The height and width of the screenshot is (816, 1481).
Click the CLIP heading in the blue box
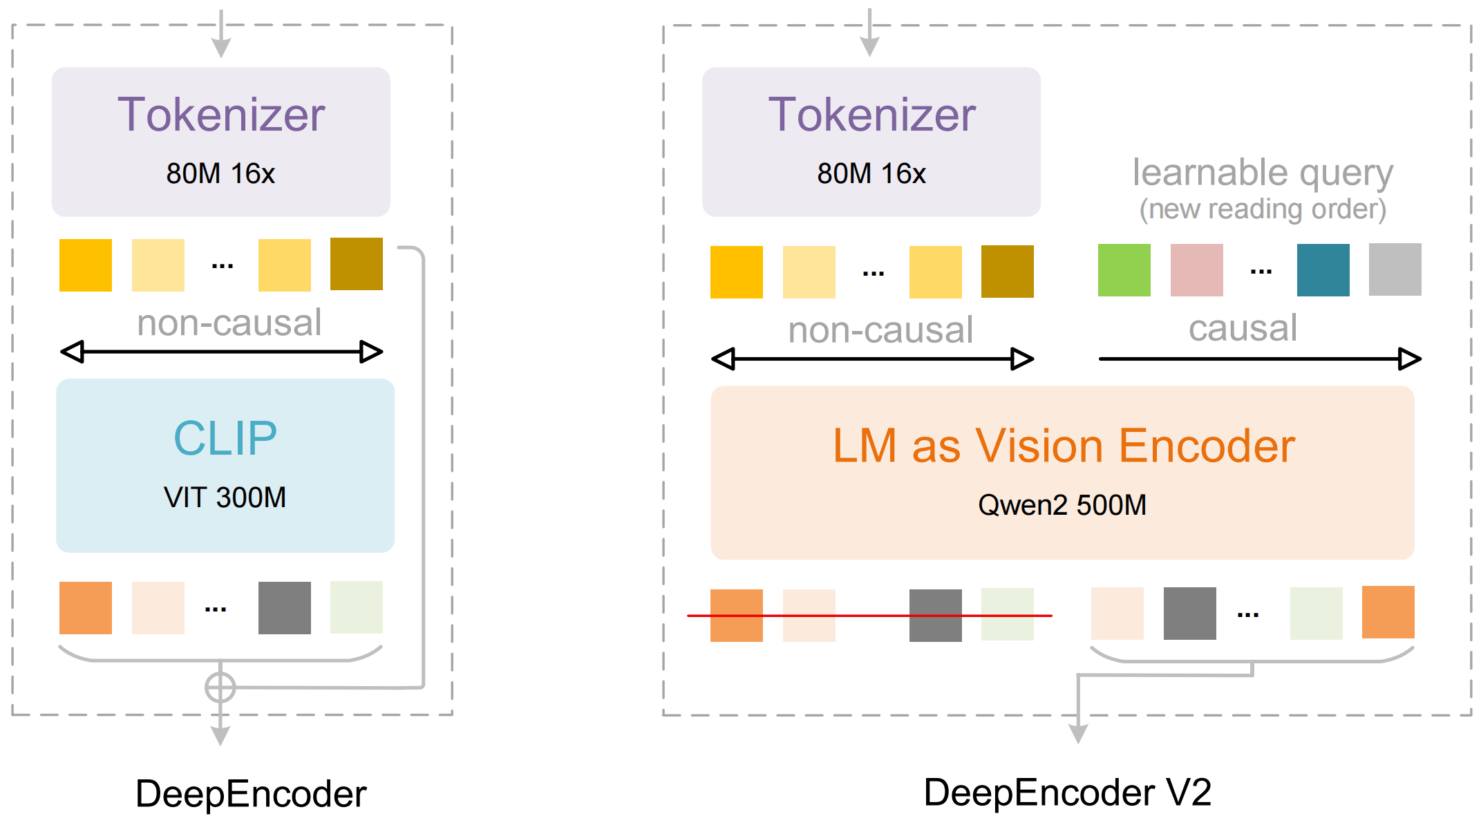pyautogui.click(x=225, y=438)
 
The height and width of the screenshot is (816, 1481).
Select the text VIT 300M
pyautogui.click(x=225, y=497)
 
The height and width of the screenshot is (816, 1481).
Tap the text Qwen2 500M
pyautogui.click(x=1062, y=505)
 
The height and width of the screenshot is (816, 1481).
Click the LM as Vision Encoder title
pyautogui.click(x=1063, y=446)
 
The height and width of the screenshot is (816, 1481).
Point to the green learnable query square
pyautogui.click(x=1124, y=270)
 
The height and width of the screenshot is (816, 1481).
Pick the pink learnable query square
pyautogui.click(x=1196, y=270)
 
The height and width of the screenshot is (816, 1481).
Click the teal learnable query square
pyautogui.click(x=1323, y=270)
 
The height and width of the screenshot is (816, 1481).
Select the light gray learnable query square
pyautogui.click(x=1395, y=269)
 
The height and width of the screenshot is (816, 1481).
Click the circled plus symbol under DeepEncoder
pyautogui.click(x=220, y=687)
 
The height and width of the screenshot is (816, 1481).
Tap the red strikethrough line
pyautogui.click(x=869, y=615)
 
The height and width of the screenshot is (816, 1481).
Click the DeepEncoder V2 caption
pyautogui.click(x=1067, y=792)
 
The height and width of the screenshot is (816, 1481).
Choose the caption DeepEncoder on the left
pyautogui.click(x=250, y=793)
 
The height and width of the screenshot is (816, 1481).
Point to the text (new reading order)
pyautogui.click(x=1262, y=209)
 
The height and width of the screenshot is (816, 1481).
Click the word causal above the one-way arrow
pyautogui.click(x=1242, y=328)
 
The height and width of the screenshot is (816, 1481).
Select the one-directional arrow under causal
pyautogui.click(x=1258, y=359)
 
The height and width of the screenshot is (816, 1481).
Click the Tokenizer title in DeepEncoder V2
pyautogui.click(x=871, y=115)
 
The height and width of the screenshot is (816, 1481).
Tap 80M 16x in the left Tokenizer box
pyautogui.click(x=220, y=173)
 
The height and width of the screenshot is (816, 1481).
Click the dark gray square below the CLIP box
pyautogui.click(x=284, y=608)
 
